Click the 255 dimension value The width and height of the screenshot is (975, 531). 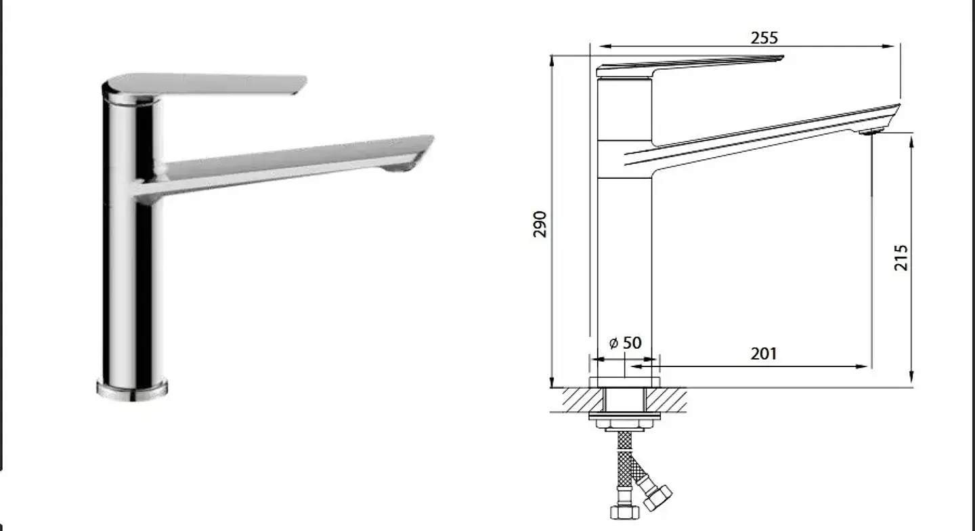(764, 39)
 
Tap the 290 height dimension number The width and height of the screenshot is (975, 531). (540, 224)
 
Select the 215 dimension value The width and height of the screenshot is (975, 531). (901, 258)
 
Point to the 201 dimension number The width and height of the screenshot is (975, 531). (764, 354)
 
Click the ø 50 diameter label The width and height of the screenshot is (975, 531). (625, 343)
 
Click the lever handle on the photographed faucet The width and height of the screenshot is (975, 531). (204, 84)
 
